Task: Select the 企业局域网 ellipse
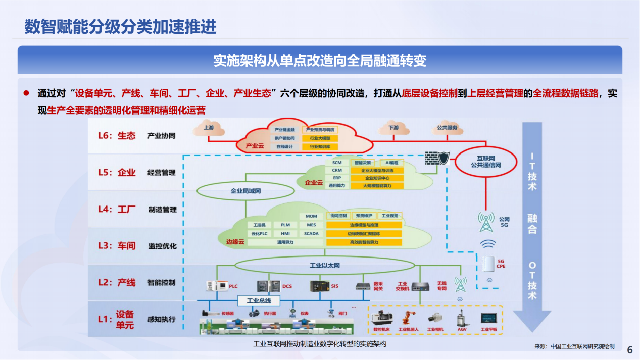(245, 191)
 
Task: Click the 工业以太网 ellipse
(324, 265)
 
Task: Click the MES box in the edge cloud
(312, 225)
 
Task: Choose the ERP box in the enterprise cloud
(337, 178)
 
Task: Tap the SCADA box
(312, 233)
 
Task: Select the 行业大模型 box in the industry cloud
(320, 138)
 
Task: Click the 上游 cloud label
(209, 128)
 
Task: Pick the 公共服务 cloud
(448, 128)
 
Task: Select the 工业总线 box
(259, 301)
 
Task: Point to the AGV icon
(462, 319)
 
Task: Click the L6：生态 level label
(117, 135)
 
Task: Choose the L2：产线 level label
(117, 282)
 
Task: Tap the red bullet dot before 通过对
(26, 93)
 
